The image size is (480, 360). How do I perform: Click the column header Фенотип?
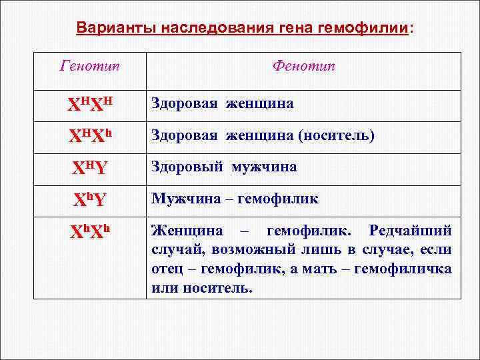click(303, 66)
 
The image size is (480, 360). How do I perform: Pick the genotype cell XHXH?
click(91, 105)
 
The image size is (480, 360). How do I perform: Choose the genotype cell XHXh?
click(91, 137)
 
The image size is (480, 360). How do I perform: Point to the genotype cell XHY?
click(91, 168)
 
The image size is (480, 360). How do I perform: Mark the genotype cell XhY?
click(91, 199)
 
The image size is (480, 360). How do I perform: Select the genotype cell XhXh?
click(91, 231)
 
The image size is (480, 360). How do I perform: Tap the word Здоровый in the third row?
click(189, 167)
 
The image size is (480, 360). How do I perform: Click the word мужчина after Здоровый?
click(265, 167)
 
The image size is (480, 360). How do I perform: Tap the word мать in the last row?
click(331, 269)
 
